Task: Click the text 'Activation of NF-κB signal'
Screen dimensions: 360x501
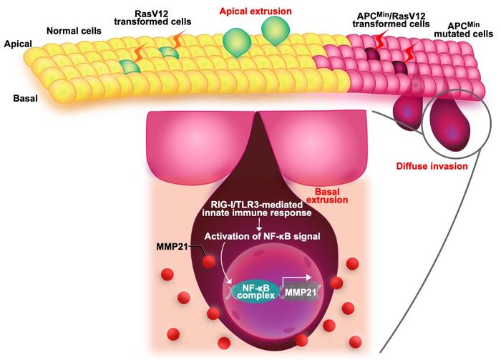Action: [263, 236]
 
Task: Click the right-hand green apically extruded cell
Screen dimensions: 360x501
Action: [275, 31]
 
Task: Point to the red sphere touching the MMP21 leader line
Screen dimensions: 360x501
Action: [209, 263]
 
